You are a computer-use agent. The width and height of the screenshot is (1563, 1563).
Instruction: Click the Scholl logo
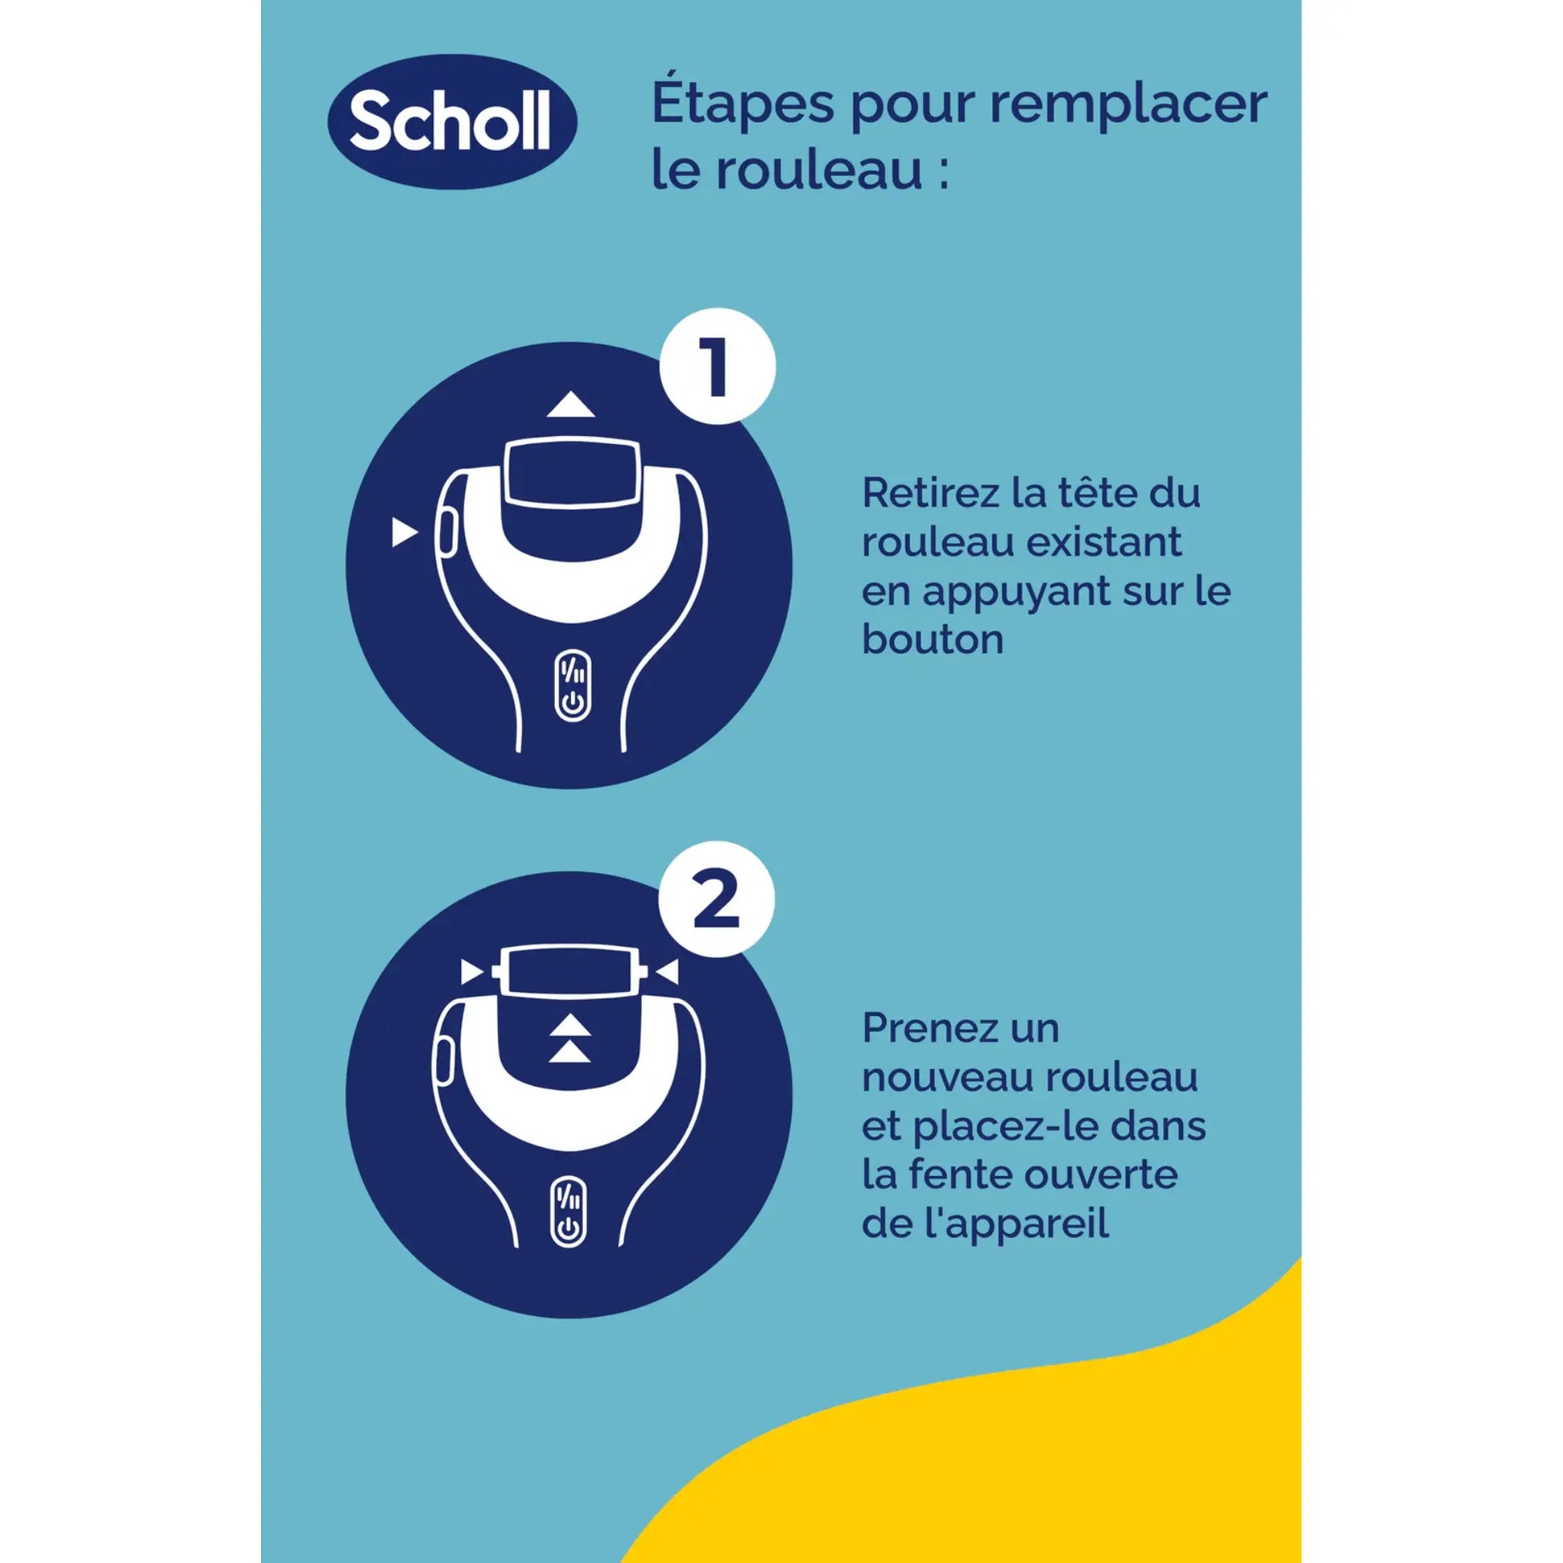tap(451, 122)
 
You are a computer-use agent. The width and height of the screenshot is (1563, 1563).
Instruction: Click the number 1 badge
tap(716, 366)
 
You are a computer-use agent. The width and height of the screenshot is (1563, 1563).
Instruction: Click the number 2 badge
tap(716, 900)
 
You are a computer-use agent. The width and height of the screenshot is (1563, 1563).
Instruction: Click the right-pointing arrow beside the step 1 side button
tap(404, 533)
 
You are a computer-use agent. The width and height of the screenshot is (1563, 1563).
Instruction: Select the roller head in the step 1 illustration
tap(572, 473)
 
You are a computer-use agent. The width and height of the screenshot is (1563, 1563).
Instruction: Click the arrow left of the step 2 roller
tap(471, 972)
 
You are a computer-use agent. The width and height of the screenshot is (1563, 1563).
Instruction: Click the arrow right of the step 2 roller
tap(667, 972)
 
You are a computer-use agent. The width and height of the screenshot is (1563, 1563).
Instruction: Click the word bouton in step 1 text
tap(932, 640)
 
